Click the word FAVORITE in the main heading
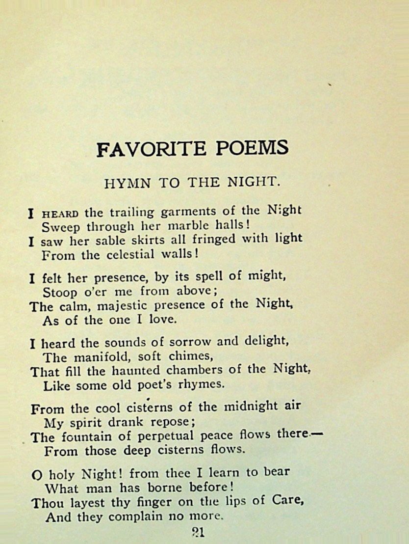[145, 148]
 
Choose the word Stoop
[59, 292]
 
